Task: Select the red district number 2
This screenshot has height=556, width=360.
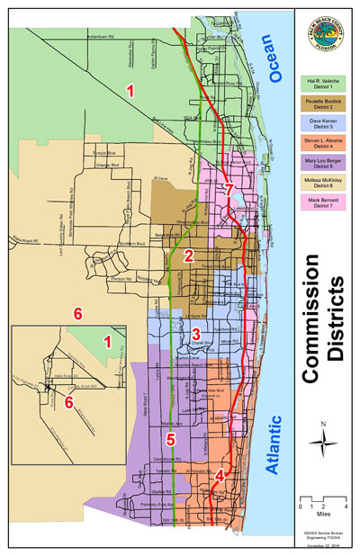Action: [188, 256]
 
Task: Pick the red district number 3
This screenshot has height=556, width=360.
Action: [184, 334]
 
